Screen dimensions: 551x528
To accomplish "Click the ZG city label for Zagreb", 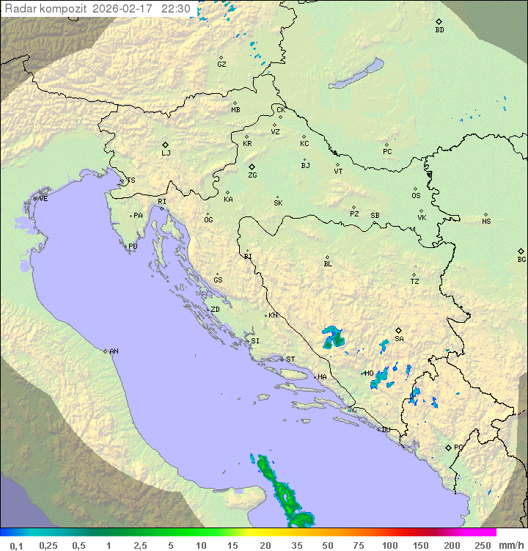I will point(252,175).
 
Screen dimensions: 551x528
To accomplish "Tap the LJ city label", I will point(166,153).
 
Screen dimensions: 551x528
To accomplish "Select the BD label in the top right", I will point(439,30).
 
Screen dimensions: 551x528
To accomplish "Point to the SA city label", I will point(399,339).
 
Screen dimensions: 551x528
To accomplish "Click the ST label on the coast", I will point(290,360).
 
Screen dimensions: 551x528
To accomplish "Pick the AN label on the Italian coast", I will point(114,351).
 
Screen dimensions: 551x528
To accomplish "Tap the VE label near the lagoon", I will point(43,199).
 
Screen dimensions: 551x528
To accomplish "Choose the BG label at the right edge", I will point(521,259).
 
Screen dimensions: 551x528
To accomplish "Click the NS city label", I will point(486,222).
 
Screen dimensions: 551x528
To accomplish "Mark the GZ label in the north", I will point(221,65).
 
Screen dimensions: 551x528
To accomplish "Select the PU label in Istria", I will point(133,247).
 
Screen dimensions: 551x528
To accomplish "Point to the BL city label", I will point(328,264).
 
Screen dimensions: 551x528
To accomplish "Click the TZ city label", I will point(415,281).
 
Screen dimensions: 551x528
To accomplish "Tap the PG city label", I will point(458,447).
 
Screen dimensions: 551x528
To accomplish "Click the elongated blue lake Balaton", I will point(356,75).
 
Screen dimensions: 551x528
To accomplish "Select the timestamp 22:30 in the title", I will point(176,9).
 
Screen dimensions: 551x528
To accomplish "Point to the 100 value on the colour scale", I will point(389,545).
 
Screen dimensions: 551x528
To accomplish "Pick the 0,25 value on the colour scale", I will point(48,545).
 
